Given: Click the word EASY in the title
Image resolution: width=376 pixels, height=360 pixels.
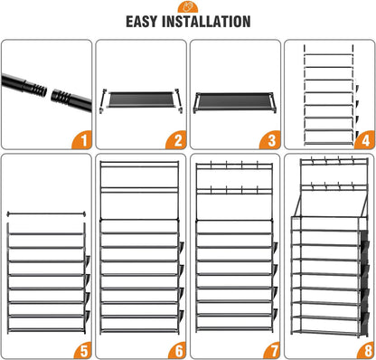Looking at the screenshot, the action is (x=142, y=22).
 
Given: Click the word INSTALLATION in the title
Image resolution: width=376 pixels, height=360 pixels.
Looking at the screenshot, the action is (x=206, y=22).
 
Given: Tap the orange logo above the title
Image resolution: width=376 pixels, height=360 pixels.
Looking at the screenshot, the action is (x=188, y=6).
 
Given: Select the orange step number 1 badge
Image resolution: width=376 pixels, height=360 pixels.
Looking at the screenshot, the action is (x=82, y=140).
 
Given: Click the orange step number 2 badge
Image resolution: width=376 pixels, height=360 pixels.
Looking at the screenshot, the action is (x=176, y=140).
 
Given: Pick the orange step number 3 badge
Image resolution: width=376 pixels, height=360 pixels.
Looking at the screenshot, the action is (x=270, y=140).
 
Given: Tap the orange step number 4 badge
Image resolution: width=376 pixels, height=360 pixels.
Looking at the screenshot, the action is (x=364, y=140).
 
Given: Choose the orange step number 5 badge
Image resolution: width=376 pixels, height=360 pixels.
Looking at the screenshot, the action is (x=82, y=350).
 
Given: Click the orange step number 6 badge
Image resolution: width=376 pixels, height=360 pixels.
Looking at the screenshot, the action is (x=177, y=350).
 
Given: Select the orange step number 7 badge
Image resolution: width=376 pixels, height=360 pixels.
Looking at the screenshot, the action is (x=271, y=350).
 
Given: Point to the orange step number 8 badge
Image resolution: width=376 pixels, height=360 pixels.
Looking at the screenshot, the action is (x=365, y=350).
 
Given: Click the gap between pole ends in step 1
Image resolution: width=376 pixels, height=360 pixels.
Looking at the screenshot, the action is (x=49, y=92).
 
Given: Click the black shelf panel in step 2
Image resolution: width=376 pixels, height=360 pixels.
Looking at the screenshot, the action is (x=140, y=99).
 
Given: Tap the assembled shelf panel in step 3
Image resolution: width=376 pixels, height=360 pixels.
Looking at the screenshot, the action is (x=234, y=101).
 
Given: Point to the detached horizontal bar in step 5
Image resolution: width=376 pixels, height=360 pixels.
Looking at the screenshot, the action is (x=46, y=214).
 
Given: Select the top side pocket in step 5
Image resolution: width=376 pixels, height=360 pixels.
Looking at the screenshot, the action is (x=88, y=261).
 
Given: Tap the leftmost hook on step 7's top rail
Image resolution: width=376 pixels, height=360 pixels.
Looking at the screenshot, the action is (x=211, y=165).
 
